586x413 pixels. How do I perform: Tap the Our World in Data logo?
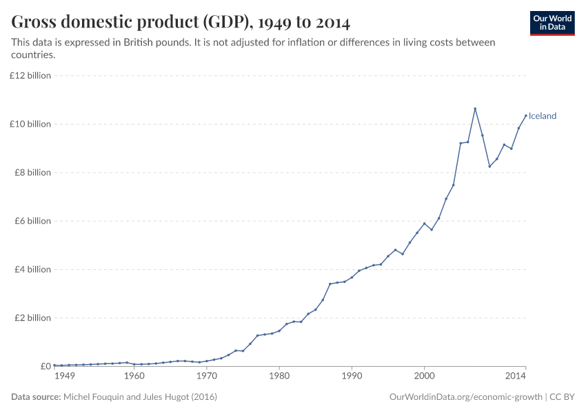click(x=552, y=23)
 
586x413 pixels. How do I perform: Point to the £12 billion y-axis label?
click(x=30, y=76)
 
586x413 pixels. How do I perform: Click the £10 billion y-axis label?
click(x=30, y=124)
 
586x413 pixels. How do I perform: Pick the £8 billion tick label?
click(x=32, y=173)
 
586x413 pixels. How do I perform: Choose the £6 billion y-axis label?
click(x=32, y=221)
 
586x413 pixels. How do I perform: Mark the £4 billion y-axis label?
click(x=32, y=269)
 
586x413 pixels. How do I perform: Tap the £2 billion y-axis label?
click(x=32, y=318)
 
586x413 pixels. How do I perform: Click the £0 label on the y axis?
click(x=44, y=366)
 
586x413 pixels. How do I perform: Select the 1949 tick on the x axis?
click(x=64, y=377)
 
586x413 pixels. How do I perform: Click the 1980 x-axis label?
click(x=279, y=377)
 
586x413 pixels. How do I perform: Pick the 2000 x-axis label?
click(x=424, y=377)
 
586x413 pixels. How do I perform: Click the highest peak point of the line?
click(x=475, y=109)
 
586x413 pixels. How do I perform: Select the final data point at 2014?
click(x=525, y=116)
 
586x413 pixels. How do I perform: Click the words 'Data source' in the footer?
click(x=36, y=397)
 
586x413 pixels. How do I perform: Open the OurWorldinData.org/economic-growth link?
click(x=466, y=397)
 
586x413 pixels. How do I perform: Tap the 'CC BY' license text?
click(x=562, y=397)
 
